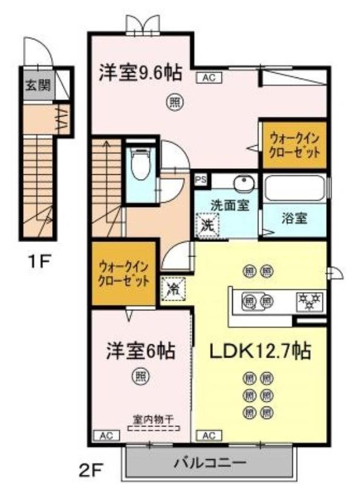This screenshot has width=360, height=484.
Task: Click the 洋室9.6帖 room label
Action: click(x=140, y=73)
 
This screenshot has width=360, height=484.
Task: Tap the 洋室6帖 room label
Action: click(x=141, y=351)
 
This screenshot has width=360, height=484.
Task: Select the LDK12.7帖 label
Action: click(x=261, y=351)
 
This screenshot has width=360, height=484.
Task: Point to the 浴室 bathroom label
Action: click(x=295, y=218)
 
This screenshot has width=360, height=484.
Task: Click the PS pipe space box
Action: click(x=200, y=180)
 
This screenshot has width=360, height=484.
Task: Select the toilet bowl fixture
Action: click(x=140, y=165)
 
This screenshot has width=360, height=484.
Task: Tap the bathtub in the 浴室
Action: click(x=295, y=188)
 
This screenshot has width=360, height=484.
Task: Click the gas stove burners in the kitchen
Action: click(x=309, y=299)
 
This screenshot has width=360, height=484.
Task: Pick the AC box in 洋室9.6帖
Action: click(x=206, y=77)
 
